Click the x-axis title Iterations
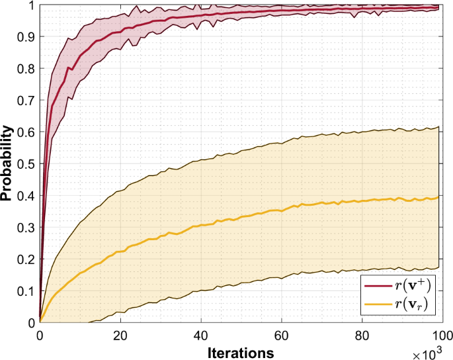click(x=239, y=350)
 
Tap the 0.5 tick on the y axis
click(x=26, y=163)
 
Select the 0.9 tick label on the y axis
click(x=26, y=37)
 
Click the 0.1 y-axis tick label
click(x=26, y=291)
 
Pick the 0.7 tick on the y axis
click(x=26, y=101)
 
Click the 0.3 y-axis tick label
click(x=26, y=227)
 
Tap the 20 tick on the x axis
click(x=120, y=334)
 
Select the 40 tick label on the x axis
click(x=200, y=334)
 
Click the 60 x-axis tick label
click(x=280, y=334)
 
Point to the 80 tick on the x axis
click(x=360, y=334)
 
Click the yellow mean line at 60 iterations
click(x=280, y=210)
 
